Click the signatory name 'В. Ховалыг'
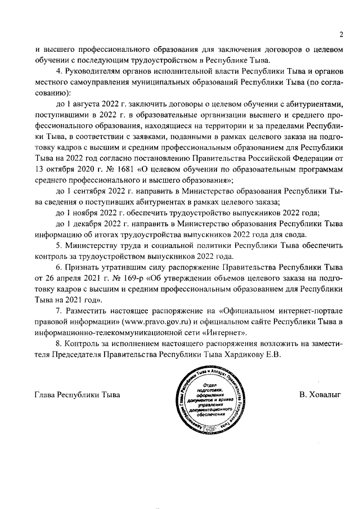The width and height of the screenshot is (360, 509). [x=320, y=395]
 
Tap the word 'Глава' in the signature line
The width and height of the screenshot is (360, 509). [x=47, y=395]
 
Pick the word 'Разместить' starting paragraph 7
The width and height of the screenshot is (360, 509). [x=92, y=311]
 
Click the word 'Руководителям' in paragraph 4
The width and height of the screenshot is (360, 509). [x=96, y=71]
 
